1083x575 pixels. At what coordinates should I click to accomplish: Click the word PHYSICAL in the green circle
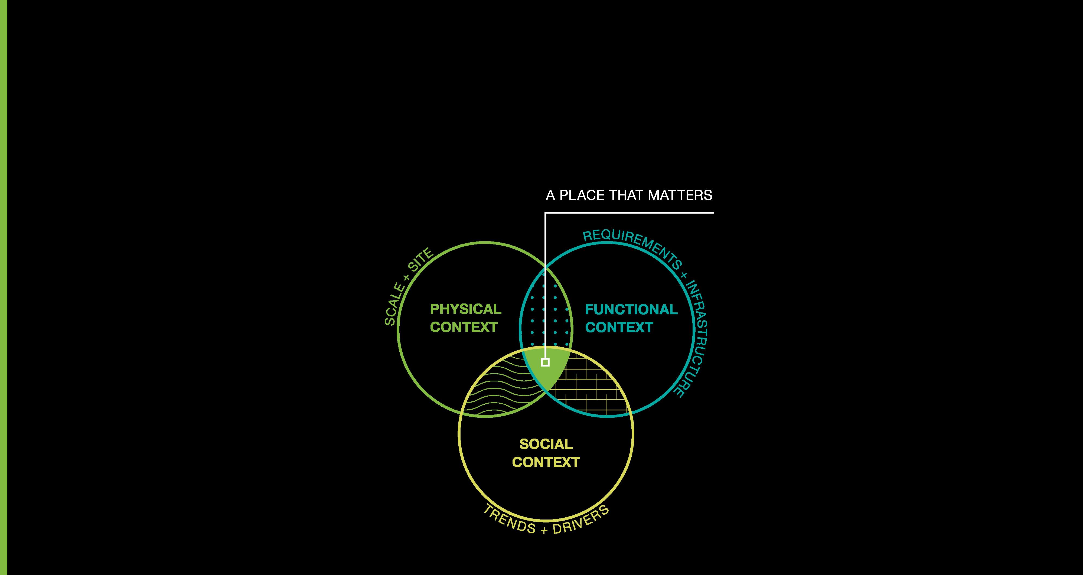465,309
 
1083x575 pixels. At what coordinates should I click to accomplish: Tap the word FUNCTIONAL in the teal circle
631,310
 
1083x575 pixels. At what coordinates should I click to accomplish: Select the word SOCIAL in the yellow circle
546,444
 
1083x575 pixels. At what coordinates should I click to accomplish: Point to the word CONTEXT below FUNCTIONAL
619,328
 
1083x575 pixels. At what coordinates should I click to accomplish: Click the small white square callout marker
545,362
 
